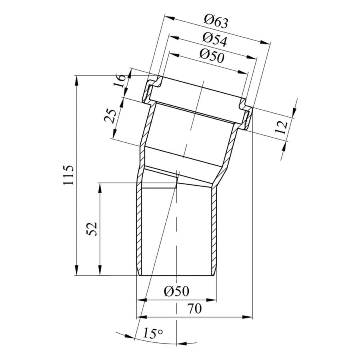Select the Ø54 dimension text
pyautogui.click(x=215, y=40)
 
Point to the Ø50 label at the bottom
pyautogui.click(x=176, y=291)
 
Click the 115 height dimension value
pyautogui.click(x=69, y=175)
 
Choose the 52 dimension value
pyautogui.click(x=92, y=229)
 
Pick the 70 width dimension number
pyautogui.click(x=194, y=308)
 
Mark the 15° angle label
pyautogui.click(x=153, y=333)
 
